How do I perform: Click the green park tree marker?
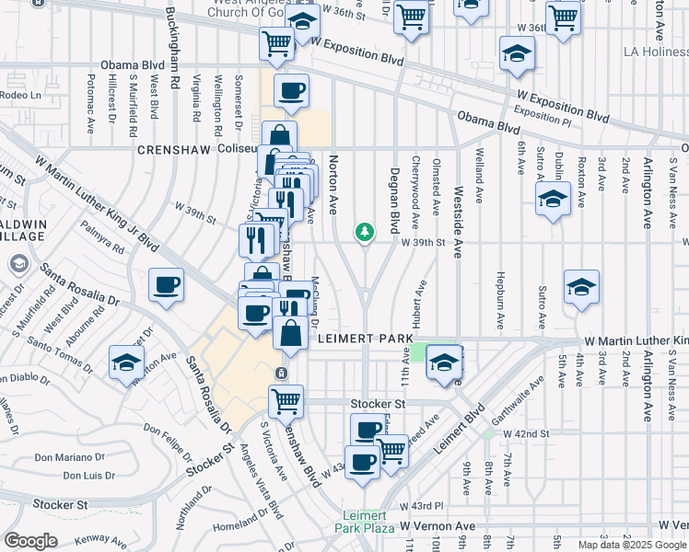[365, 232]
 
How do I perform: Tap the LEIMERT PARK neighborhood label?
[365, 339]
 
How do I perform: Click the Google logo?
[30, 541]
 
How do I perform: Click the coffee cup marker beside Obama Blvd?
[291, 91]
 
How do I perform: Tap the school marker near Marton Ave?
[126, 362]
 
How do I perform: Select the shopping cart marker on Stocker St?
[286, 401]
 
